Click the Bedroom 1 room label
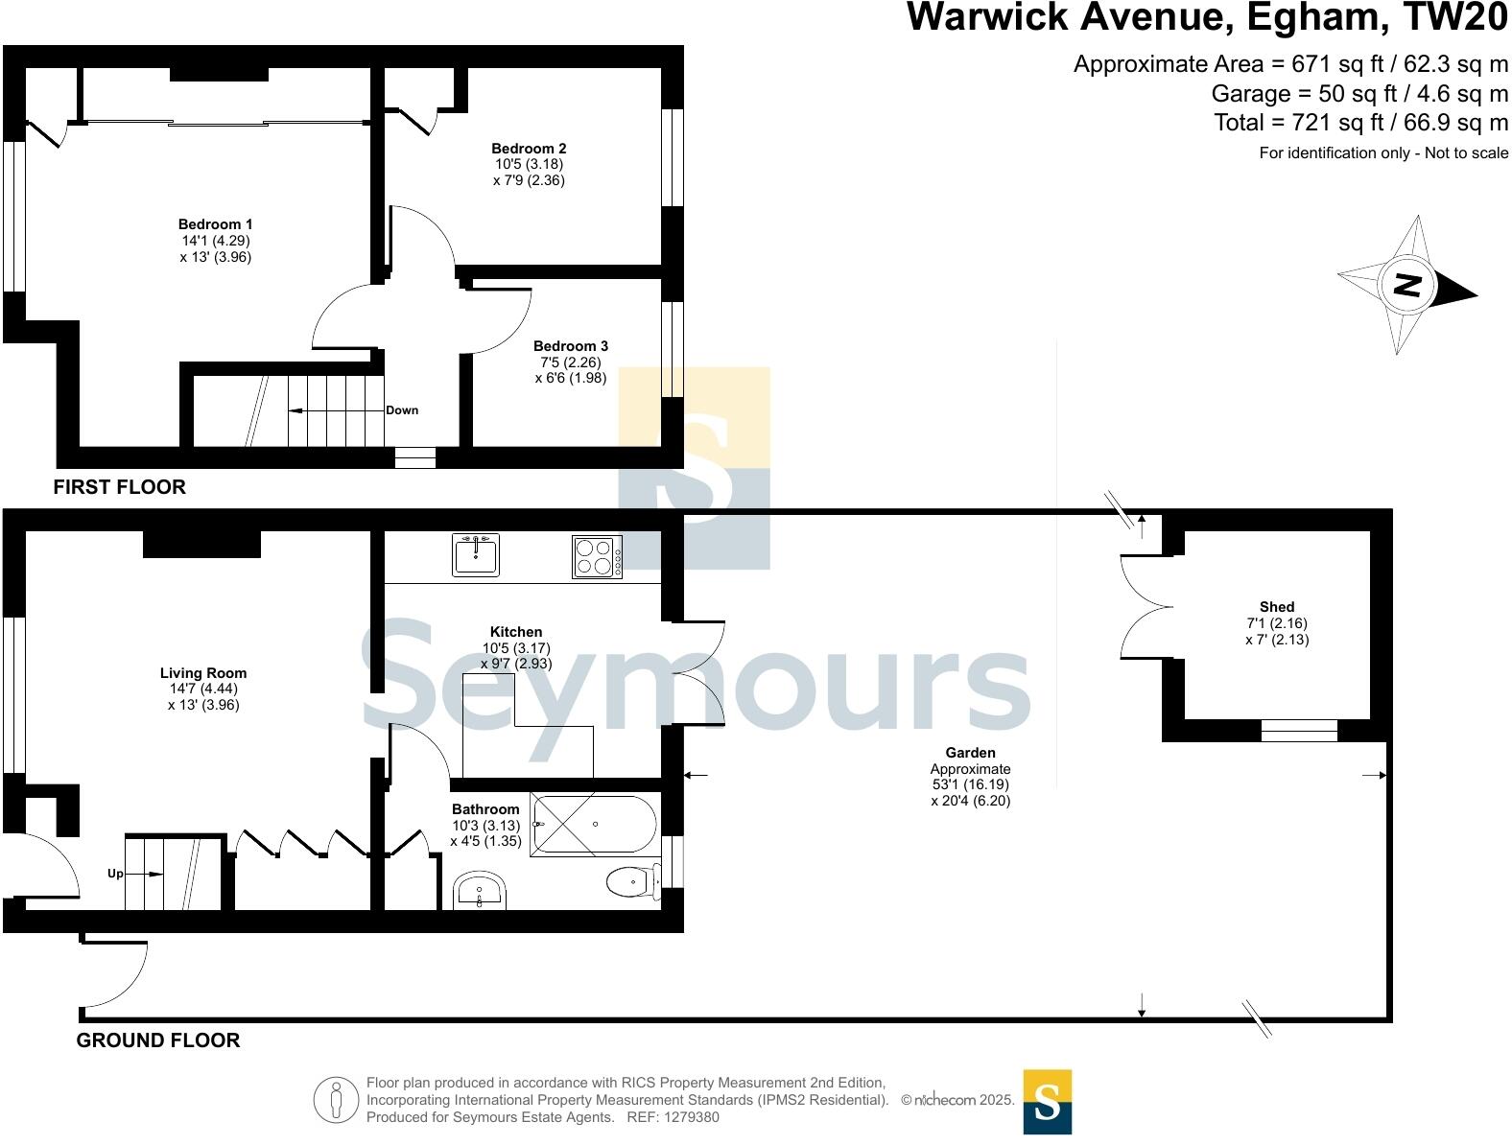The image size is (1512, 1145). [215, 224]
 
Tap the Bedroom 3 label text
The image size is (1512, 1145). [570, 346]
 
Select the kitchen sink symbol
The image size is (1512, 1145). [476, 555]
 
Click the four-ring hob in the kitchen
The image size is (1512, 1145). [597, 556]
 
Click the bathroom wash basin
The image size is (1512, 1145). [479, 893]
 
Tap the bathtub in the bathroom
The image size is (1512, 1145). [594, 826]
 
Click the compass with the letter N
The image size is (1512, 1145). [1406, 285]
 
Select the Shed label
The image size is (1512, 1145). [1276, 607]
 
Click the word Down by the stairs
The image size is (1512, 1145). [402, 410]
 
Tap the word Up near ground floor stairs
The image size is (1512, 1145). [115, 874]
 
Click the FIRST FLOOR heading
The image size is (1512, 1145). [119, 487]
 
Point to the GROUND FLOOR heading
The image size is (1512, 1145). [158, 1040]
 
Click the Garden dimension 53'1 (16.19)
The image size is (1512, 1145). [970, 784]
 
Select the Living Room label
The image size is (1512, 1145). [202, 673]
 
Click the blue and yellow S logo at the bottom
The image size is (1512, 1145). [1047, 1102]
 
